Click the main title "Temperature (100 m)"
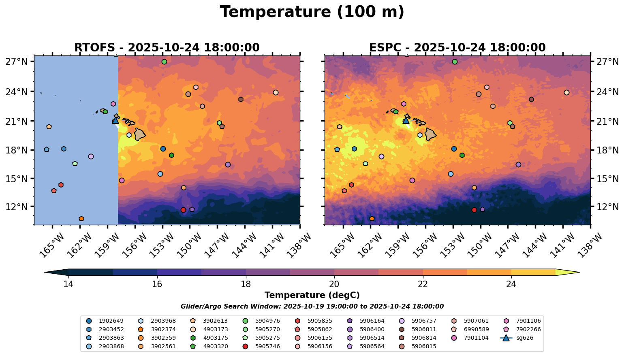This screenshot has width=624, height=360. coord(312,12)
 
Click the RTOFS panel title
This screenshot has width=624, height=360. coord(167,48)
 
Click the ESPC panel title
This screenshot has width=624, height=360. coord(457,48)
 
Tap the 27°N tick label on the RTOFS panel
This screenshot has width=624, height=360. coord(17,62)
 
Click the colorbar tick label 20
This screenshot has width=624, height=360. coord(334,284)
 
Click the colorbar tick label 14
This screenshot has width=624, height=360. coord(68,284)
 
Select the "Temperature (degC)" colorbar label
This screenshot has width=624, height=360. coord(312,295)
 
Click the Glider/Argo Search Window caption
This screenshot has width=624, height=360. coord(312,307)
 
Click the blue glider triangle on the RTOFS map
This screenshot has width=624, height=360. coord(115,120)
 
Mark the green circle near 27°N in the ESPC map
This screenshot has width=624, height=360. coord(455,62)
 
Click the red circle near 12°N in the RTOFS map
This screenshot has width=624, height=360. coord(183,210)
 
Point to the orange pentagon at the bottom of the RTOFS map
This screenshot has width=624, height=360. coord(81,219)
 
